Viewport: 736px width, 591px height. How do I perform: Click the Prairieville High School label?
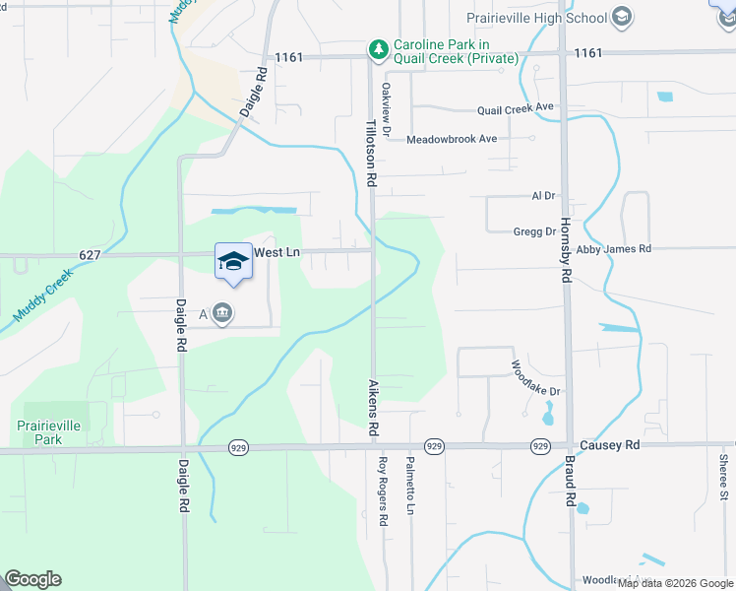click(536, 17)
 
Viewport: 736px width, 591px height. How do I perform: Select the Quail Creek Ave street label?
click(517, 108)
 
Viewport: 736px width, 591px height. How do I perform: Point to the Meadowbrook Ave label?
click(452, 139)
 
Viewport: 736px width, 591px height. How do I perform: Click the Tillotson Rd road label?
click(372, 154)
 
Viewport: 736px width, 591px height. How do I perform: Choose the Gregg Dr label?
click(534, 231)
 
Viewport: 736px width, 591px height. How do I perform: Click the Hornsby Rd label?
click(565, 250)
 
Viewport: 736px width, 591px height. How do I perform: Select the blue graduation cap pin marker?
click(233, 262)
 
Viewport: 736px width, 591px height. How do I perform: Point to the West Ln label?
click(276, 253)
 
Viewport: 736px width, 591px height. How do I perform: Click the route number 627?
click(90, 255)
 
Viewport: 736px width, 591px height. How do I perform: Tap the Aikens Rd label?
click(373, 408)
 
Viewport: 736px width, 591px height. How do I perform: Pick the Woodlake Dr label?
click(535, 377)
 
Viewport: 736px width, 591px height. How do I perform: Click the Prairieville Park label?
click(53, 431)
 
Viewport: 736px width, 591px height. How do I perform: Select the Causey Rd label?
click(609, 445)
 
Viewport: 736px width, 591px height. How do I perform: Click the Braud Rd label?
click(569, 482)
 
